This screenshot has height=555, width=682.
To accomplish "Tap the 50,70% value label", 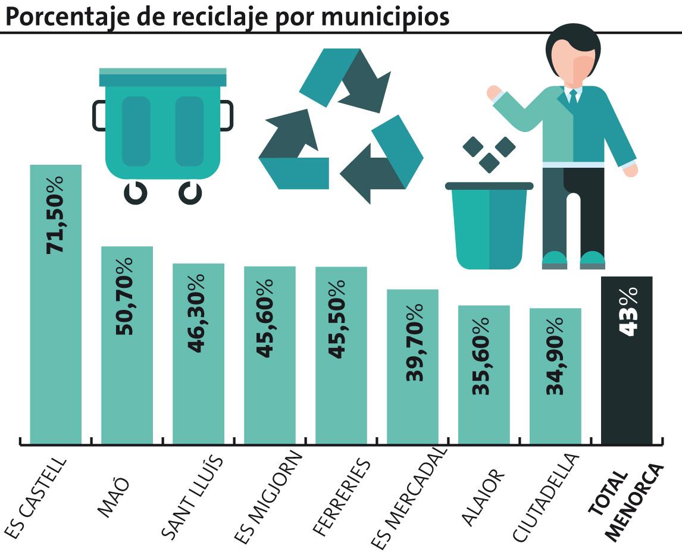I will pyautogui.click(x=127, y=296).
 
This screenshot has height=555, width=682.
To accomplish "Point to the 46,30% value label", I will pyautogui.click(x=198, y=313).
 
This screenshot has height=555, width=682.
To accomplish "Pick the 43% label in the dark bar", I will pyautogui.click(x=627, y=311).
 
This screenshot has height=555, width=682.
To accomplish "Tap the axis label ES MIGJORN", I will pyautogui.click(x=268, y=497).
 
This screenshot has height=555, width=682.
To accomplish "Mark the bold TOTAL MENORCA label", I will pyautogui.click(x=625, y=502).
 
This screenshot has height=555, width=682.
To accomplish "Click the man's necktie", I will pyautogui.click(x=573, y=98).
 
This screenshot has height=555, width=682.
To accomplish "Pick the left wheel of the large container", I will pyautogui.click(x=135, y=192).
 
